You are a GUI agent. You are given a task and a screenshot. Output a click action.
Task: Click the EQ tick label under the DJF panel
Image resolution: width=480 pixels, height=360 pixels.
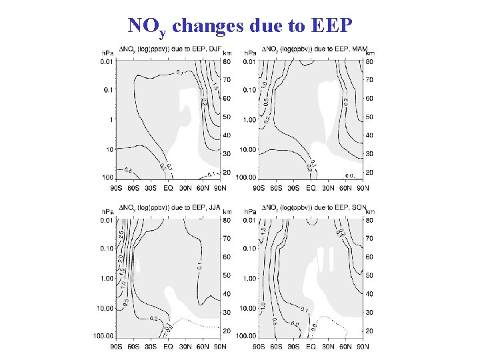[x=168, y=188]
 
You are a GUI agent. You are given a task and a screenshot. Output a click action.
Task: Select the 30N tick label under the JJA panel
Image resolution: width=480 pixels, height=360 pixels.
[x=186, y=347]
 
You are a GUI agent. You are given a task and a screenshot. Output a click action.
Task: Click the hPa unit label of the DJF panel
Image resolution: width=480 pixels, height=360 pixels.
[x=107, y=52]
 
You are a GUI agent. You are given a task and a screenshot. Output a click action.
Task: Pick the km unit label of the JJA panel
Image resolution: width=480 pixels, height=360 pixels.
[x=227, y=211]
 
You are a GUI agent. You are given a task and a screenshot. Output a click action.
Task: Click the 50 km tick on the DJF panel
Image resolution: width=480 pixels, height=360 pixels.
[x=227, y=117]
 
